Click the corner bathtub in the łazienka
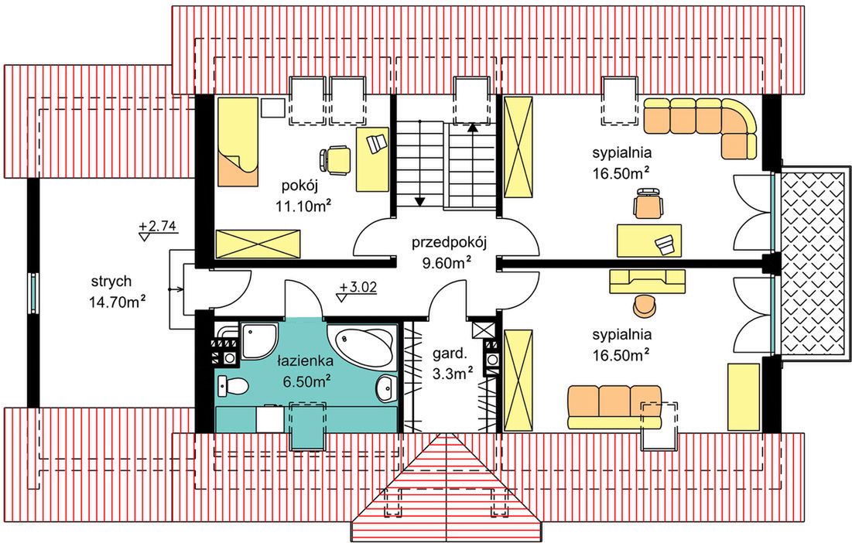[361, 345]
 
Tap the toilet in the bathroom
[233, 385]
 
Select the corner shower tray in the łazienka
[258, 340]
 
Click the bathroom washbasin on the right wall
[387, 388]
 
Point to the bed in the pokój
[237, 142]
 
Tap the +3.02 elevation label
[358, 287]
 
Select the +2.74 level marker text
[158, 226]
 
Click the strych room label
[111, 282]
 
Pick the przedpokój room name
[449, 242]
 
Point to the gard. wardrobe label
[450, 354]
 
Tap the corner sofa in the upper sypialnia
[700, 127]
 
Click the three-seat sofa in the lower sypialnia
[614, 407]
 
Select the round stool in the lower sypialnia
[645, 305]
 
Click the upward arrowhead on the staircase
[472, 128]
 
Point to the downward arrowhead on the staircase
[419, 201]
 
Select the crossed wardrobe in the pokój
[258, 243]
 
